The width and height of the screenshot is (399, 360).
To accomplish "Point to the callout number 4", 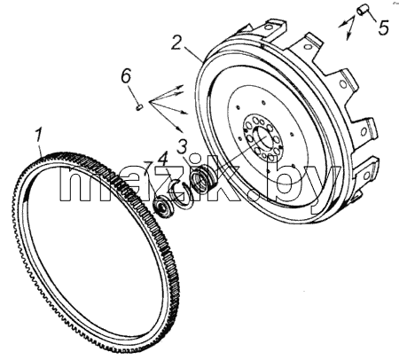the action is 163,159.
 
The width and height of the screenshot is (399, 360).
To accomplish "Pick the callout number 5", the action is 383,27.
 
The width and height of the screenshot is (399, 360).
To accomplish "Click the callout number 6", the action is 126,77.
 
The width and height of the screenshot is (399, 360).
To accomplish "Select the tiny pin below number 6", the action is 138,106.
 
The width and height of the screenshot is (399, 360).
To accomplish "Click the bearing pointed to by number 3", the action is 202,177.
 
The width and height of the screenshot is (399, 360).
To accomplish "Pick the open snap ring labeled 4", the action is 178,193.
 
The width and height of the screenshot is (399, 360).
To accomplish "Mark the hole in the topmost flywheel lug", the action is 269,27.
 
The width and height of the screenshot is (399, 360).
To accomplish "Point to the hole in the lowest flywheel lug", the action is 367,176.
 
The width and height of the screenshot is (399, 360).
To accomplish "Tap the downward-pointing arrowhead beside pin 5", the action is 348,36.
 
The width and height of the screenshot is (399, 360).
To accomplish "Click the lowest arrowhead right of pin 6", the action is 180,129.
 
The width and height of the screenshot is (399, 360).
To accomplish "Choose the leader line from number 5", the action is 371,16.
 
